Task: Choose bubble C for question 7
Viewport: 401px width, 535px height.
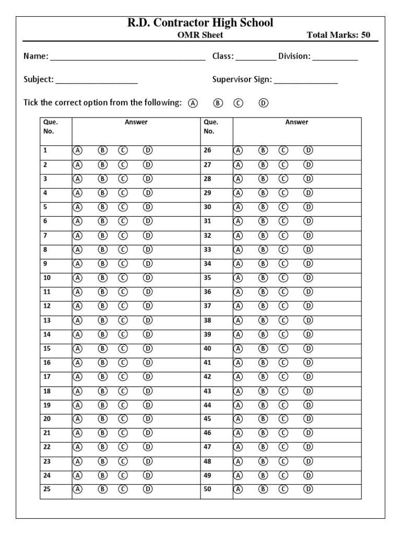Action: pyautogui.click(x=123, y=235)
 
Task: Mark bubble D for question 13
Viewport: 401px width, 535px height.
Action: pyautogui.click(x=148, y=320)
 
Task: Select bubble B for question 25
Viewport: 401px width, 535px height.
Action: pyautogui.click(x=103, y=490)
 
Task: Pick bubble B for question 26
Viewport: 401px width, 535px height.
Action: pyautogui.click(x=264, y=150)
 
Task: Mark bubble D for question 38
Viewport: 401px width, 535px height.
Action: pyautogui.click(x=309, y=320)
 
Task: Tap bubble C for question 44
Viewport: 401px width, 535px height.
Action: pyautogui.click(x=284, y=405)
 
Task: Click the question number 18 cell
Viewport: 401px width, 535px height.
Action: pyautogui.click(x=55, y=391)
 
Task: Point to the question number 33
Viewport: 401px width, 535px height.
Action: pyautogui.click(x=208, y=250)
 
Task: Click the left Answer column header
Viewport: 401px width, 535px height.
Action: pyautogui.click(x=136, y=122)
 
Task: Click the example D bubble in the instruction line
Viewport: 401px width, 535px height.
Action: pyautogui.click(x=263, y=103)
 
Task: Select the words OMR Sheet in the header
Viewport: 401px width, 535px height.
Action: pyautogui.click(x=200, y=36)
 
